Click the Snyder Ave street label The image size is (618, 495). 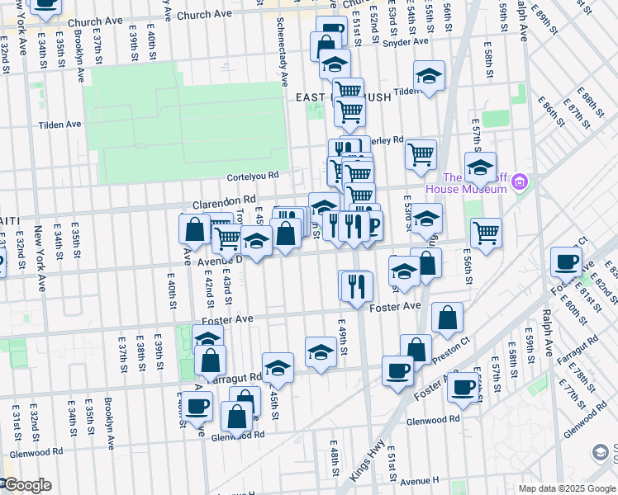pos(408,41)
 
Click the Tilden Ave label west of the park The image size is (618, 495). pos(60,125)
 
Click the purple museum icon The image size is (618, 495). pos(519,181)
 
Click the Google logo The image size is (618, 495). pos(26,485)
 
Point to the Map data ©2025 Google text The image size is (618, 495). pos(567,488)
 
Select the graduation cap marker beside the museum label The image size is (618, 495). pos(480,167)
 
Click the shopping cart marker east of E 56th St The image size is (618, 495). pos(486,233)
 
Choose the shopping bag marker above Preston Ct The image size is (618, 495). pos(447,318)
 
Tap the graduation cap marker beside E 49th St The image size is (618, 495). pos(321,352)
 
